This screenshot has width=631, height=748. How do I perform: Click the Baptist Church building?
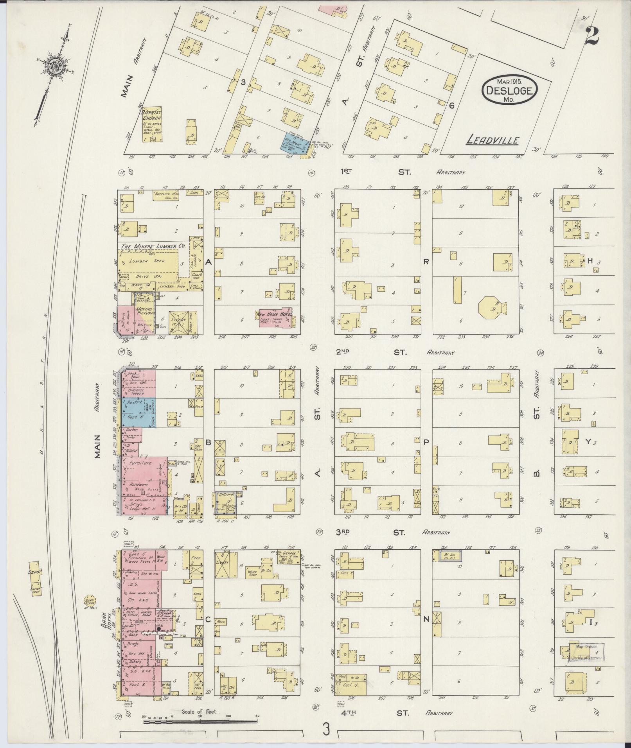pyautogui.click(x=152, y=125)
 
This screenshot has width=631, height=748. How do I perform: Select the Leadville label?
pyautogui.click(x=493, y=140)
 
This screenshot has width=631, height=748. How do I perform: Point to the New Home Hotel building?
pyautogui.click(x=275, y=317)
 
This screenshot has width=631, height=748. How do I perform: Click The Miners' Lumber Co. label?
pyautogui.click(x=153, y=246)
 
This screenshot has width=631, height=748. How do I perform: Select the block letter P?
pyautogui.click(x=426, y=442)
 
